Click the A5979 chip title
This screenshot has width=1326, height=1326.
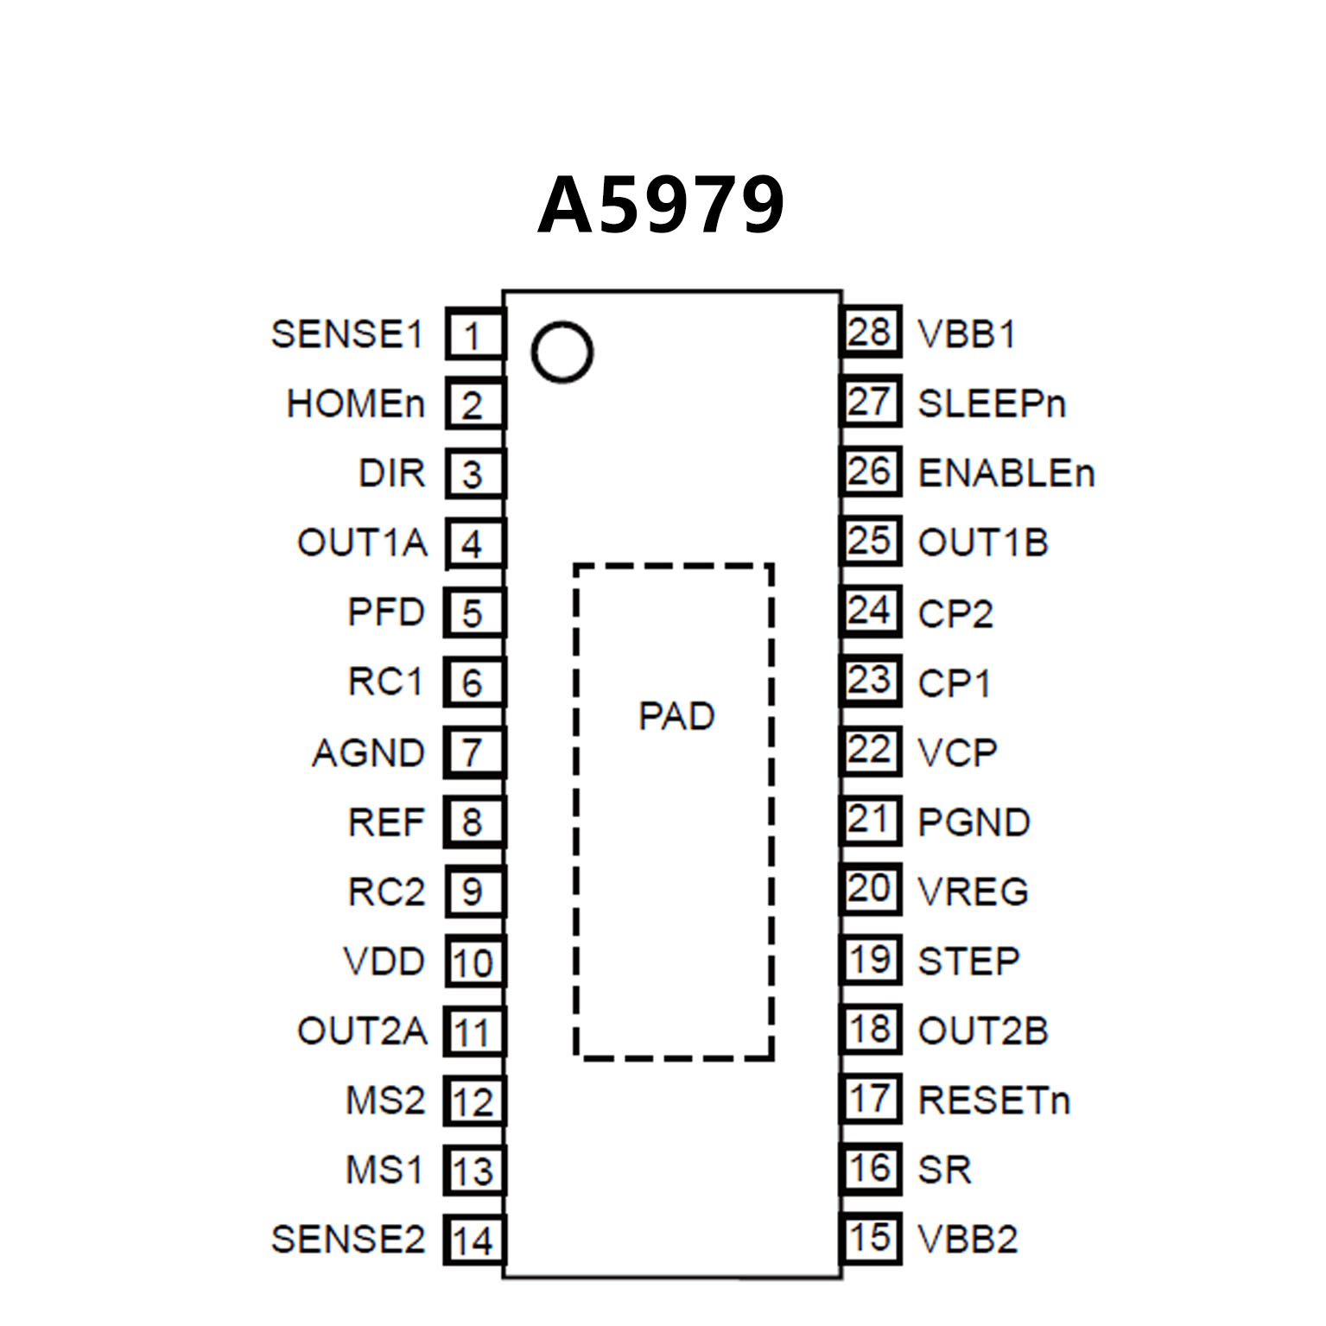(x=661, y=206)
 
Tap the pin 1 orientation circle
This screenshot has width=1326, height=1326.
(x=561, y=352)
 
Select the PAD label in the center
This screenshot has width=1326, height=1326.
(x=676, y=716)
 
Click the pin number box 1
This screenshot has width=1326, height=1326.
(x=473, y=334)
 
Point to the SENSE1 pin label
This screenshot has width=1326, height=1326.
(x=347, y=334)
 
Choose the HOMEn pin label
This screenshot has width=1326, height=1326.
(x=356, y=403)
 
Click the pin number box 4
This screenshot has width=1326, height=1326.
(x=473, y=544)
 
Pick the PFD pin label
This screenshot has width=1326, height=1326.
(x=386, y=612)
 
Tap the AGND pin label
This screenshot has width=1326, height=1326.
(x=369, y=752)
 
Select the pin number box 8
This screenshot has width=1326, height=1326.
(x=473, y=822)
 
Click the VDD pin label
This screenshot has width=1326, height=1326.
(x=384, y=961)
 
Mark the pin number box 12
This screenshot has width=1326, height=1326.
(x=473, y=1101)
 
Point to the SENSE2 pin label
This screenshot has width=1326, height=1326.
(x=348, y=1240)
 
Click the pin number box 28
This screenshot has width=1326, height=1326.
(x=870, y=332)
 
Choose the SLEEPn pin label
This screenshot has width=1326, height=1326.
(x=992, y=403)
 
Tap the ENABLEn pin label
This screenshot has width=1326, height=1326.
(x=1006, y=473)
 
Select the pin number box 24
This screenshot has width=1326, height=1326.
(x=870, y=611)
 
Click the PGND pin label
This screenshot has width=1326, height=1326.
(x=974, y=822)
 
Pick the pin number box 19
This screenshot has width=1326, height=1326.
(x=870, y=960)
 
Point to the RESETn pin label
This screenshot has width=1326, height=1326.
(x=994, y=1101)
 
